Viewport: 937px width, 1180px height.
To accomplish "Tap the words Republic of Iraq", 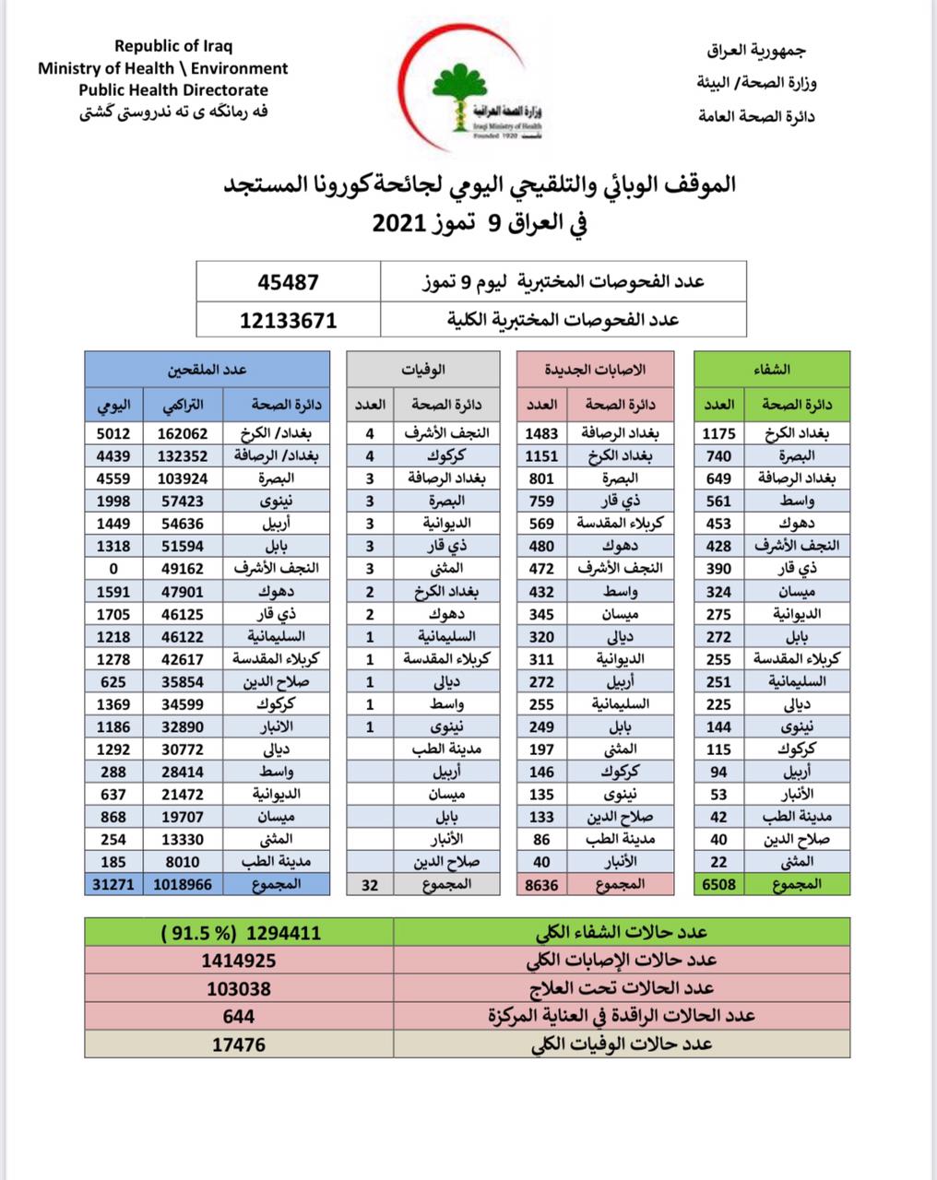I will tap(173, 46).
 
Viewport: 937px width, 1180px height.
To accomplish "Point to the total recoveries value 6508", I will tap(718, 884).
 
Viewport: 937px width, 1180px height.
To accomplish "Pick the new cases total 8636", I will tap(541, 884).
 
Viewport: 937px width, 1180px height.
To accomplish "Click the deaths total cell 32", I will tap(370, 884).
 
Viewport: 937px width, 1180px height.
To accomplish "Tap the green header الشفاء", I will tap(771, 370).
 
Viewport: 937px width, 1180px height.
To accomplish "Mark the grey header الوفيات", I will tap(423, 370).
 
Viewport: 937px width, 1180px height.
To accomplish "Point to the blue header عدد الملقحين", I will tap(207, 370).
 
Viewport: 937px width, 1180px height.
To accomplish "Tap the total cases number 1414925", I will tap(239, 961).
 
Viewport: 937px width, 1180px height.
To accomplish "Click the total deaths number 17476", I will tap(239, 1044).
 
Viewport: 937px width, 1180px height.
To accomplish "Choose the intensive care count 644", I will tap(239, 1016).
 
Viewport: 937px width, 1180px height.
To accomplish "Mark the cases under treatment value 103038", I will tap(239, 988).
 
